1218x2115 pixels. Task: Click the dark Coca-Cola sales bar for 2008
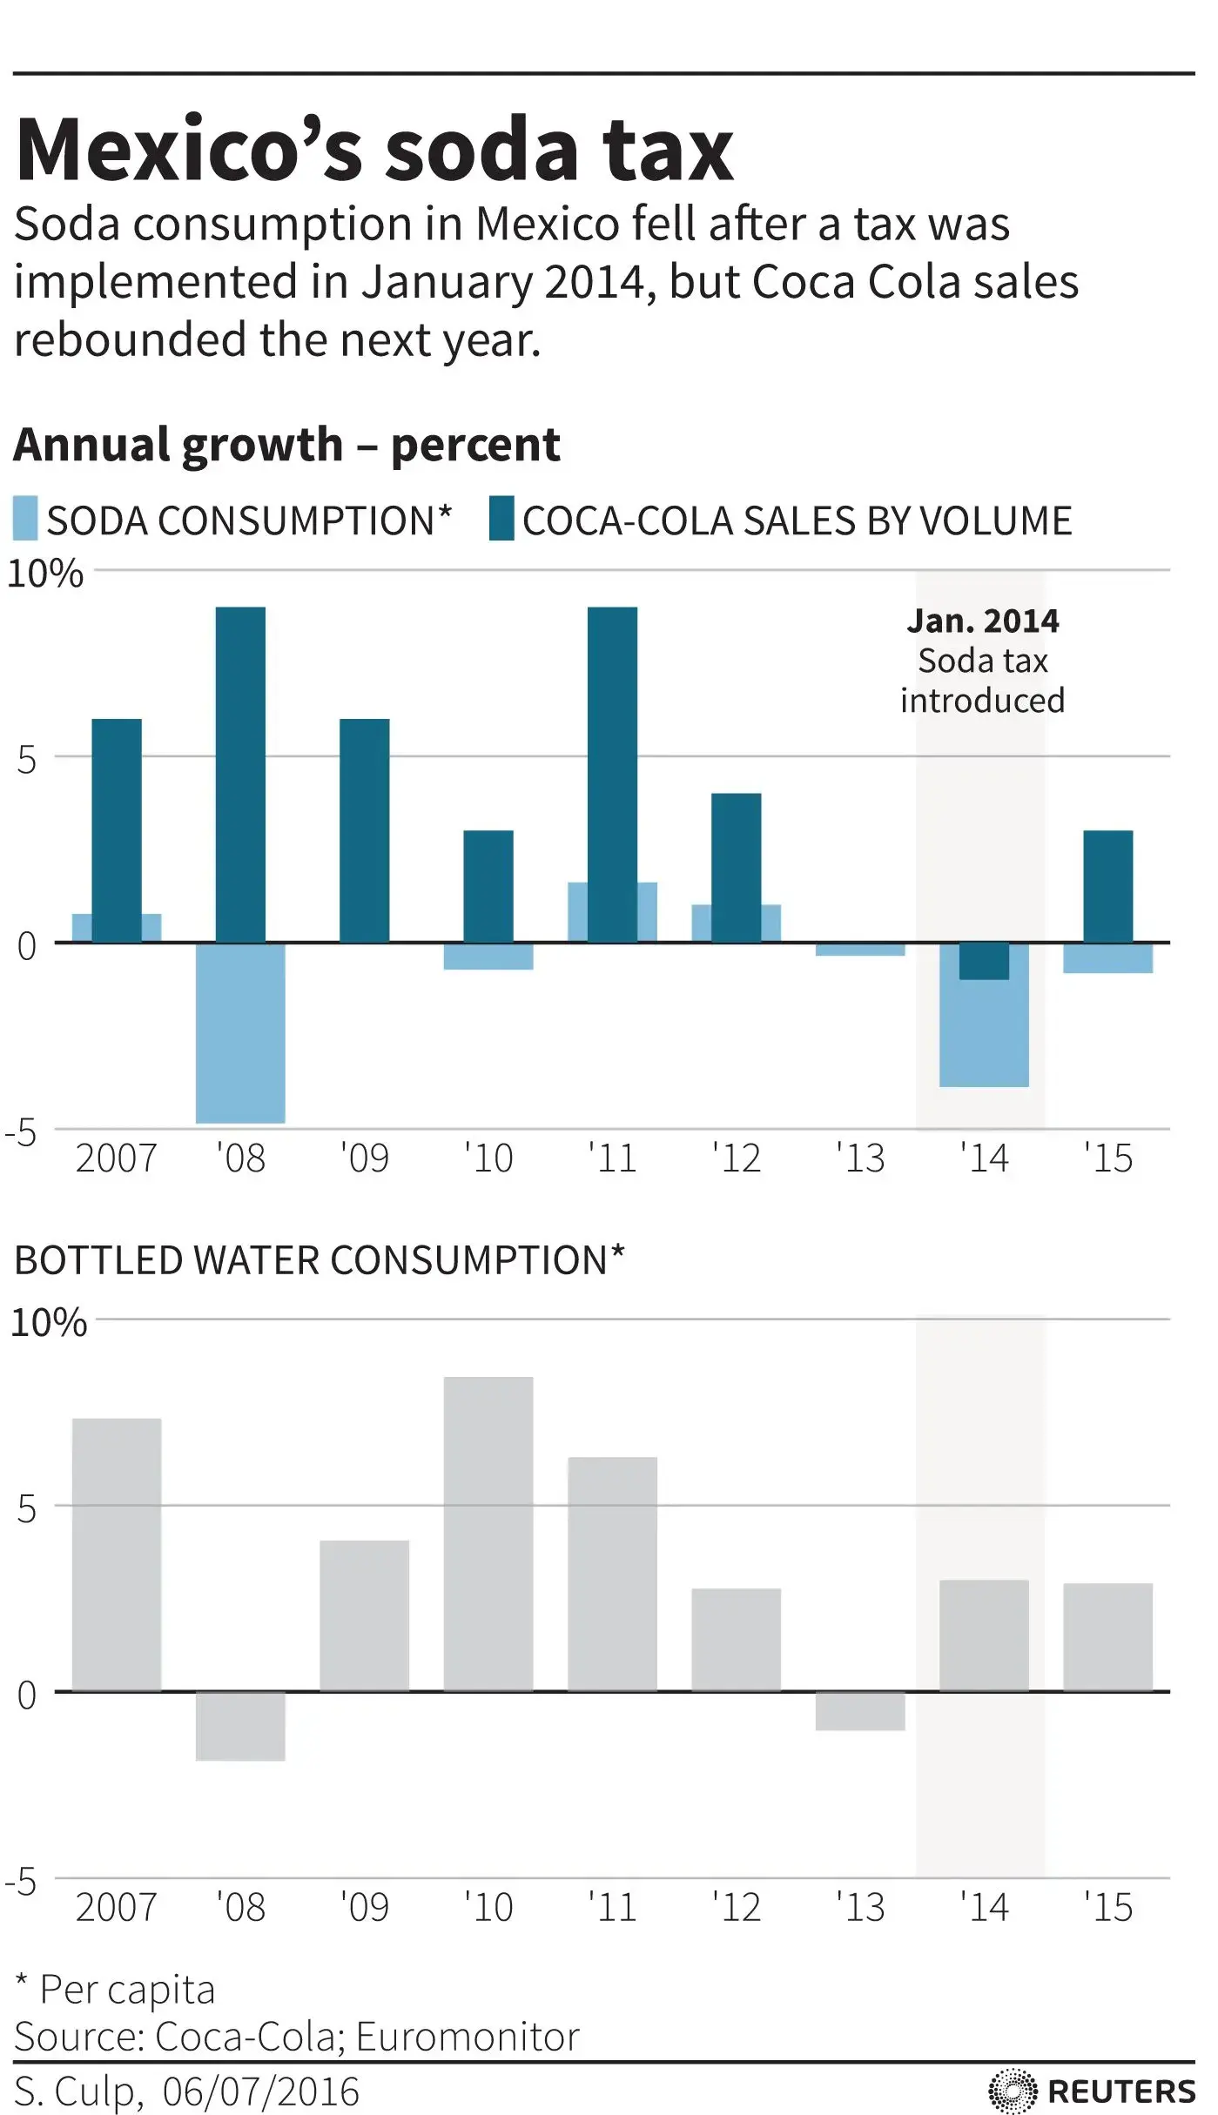[x=240, y=774]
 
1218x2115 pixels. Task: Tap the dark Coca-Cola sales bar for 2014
[x=984, y=961]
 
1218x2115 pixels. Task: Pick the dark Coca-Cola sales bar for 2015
[x=1107, y=886]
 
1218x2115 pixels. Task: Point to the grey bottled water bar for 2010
[x=488, y=1534]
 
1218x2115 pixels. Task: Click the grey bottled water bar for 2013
[x=860, y=1710]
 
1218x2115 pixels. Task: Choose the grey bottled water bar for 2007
[x=116, y=1554]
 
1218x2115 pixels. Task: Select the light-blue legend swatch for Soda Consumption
[x=25, y=519]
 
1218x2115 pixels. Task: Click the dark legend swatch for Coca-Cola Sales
[x=501, y=519]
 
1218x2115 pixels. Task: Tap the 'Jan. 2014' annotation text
[x=983, y=621]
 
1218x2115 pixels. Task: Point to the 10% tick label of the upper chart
[x=45, y=574]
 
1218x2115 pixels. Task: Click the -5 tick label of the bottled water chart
[x=21, y=1882]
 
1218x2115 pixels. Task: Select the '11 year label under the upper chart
[x=612, y=1158]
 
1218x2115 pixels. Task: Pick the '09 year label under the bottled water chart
[x=364, y=1908]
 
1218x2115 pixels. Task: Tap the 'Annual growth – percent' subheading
[x=286, y=445]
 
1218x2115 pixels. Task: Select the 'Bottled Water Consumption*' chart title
[x=320, y=1260]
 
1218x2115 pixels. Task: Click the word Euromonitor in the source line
[x=468, y=2037]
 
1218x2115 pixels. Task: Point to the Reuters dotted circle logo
[x=1013, y=2091]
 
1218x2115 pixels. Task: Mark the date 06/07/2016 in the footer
[x=260, y=2091]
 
